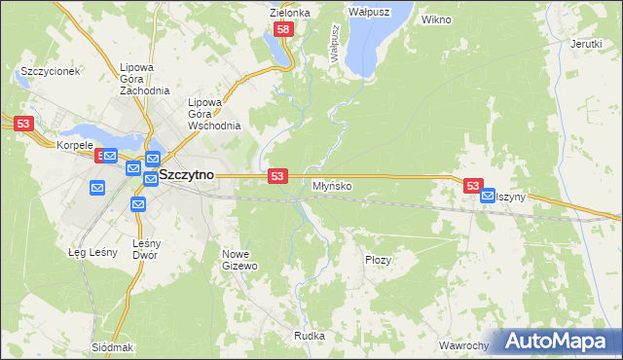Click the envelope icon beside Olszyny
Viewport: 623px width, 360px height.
487,195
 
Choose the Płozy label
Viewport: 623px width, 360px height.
378,260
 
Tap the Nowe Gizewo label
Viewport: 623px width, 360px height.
239,260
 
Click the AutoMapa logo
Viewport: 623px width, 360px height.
558,342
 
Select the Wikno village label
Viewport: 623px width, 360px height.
435,18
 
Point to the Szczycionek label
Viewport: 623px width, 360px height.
49,72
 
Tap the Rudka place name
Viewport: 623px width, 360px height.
309,336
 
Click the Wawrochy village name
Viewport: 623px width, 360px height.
462,345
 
